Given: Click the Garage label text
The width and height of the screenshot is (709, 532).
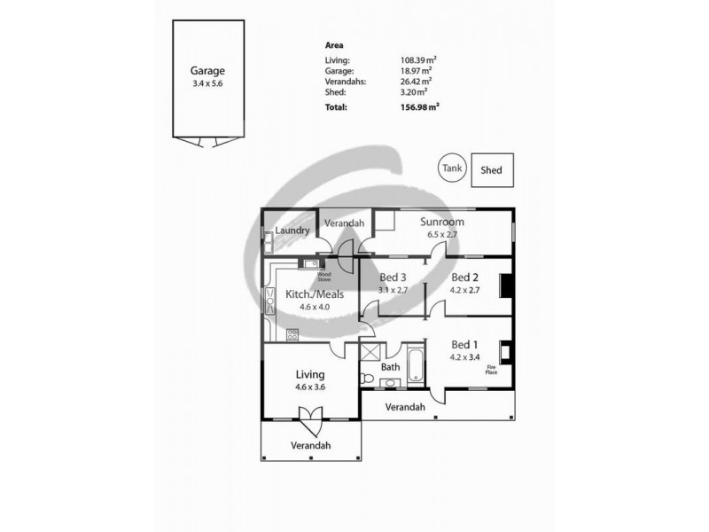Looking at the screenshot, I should tap(207, 70).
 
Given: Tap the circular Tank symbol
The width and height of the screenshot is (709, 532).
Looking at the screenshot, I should tap(452, 168).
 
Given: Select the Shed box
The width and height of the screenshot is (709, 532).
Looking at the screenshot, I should tap(491, 169).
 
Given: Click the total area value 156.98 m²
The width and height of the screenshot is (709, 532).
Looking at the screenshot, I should tap(419, 106).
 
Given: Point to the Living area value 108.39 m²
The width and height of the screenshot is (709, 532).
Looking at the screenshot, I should tap(418, 60).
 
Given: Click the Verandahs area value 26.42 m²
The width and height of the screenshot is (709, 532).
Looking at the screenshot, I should tap(417, 82).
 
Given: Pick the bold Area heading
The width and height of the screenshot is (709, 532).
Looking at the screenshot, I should tap(335, 44).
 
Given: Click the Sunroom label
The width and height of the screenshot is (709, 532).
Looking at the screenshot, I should tap(442, 222).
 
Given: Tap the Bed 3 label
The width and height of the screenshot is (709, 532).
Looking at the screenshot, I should tap(393, 277).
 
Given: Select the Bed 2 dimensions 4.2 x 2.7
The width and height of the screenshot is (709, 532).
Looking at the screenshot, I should tap(465, 289).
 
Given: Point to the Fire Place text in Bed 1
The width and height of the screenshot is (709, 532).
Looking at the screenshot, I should tap(491, 370).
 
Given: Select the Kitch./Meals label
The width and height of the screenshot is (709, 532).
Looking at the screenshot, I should tap(314, 294).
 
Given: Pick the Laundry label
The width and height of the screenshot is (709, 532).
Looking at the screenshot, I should tap(292, 231).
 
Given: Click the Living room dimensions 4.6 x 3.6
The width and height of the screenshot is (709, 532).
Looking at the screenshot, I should tap(310, 387).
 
